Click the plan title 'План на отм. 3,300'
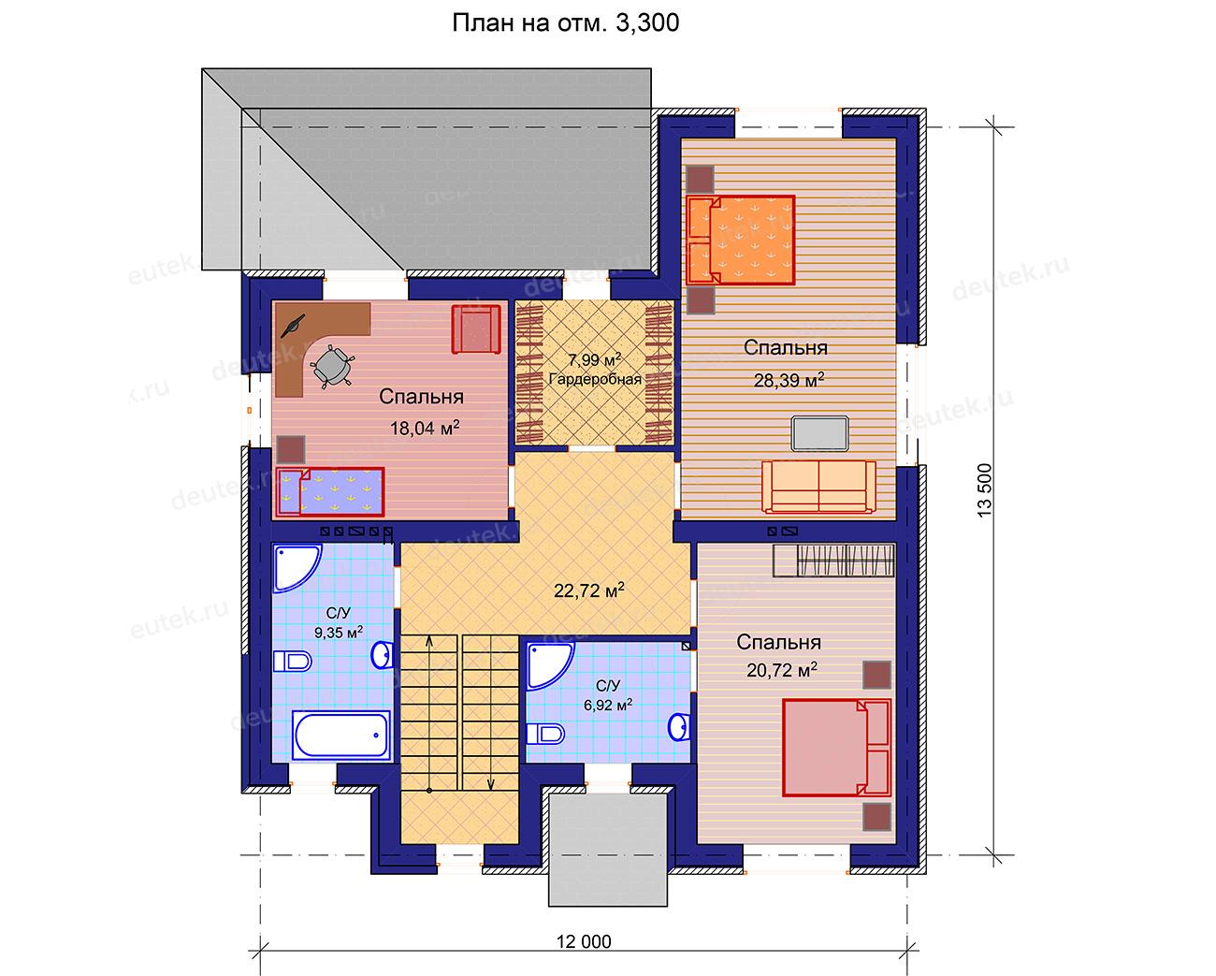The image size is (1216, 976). pos(565,23)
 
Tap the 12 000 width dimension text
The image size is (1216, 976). pos(584,941)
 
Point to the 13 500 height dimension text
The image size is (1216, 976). pos(984,489)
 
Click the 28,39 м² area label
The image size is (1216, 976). pos(789,379)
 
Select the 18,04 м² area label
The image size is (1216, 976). pos(425,428)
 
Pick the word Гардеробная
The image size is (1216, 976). pos(595,379)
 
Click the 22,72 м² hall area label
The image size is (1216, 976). pos(588,590)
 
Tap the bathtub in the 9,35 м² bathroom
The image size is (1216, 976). pos(341,736)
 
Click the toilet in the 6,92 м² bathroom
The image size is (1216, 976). pos(545,735)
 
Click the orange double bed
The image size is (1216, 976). pos(741,240)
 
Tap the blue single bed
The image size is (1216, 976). pos(330,491)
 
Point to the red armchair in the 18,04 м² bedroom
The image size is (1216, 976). pos(476,329)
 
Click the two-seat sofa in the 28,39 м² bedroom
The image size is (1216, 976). pos(818,487)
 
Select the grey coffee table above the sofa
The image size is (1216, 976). pos(820,433)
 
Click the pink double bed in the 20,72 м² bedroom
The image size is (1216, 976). pos(836,748)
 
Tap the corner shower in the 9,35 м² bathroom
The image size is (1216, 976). pos(297,568)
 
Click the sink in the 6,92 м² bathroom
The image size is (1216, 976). pos(679,727)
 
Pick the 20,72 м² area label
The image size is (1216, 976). pos(782,670)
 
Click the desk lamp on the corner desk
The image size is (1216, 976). pos(293,327)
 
